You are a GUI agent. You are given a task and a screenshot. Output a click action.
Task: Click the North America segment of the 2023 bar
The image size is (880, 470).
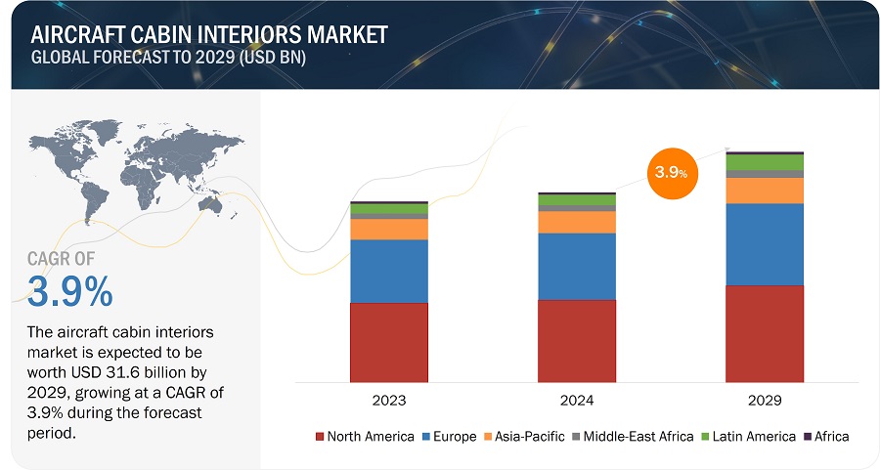pos(389,342)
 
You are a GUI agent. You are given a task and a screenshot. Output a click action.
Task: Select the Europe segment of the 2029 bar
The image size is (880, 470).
pos(764,243)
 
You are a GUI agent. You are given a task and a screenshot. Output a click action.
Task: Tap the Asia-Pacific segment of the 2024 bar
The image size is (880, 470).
pos(577,222)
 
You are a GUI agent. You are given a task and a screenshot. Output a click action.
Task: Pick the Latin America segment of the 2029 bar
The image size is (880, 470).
pos(764,162)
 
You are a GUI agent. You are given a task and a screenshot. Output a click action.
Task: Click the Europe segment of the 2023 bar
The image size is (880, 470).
pos(389,271)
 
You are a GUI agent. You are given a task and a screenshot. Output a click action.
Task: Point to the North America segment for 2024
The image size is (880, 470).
pos(577,340)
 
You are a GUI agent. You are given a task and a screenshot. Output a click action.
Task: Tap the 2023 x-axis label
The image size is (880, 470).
pos(389,401)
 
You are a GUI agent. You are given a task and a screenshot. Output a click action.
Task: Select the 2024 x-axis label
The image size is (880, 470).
pos(577,401)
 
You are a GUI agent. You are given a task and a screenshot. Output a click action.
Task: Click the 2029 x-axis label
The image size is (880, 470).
pos(764,401)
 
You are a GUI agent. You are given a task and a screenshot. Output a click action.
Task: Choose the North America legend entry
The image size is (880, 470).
pos(364,436)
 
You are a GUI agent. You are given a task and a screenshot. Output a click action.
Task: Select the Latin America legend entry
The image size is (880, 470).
pos(751,436)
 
